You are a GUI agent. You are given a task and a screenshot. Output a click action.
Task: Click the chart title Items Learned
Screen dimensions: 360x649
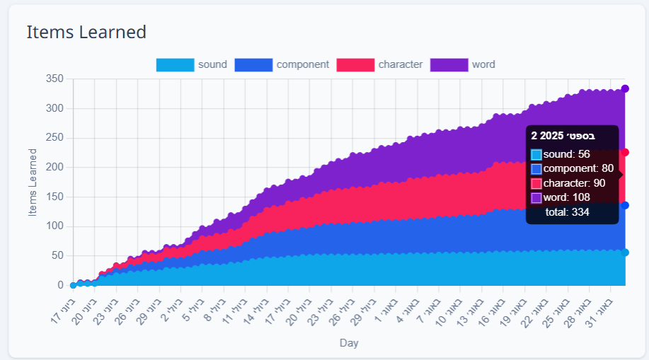[86, 32]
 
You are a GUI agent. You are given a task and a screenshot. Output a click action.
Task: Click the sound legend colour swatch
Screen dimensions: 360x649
[175, 65]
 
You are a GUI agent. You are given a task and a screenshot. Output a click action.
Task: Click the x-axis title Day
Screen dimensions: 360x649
[348, 343]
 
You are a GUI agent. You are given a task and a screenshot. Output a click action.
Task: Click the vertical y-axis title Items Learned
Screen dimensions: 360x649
[33, 182]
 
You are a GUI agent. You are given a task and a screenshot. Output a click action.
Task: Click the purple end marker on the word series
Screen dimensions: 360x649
[625, 88]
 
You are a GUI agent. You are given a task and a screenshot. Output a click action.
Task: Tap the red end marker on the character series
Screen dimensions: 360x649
[625, 153]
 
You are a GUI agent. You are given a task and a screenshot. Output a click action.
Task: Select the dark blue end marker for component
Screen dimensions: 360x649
[625, 206]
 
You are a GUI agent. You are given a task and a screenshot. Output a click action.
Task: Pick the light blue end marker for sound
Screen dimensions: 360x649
[625, 252]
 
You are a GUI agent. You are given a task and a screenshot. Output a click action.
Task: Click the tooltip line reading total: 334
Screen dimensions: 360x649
[568, 211]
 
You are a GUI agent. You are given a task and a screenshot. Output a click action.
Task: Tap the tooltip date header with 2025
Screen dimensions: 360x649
[563, 135]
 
